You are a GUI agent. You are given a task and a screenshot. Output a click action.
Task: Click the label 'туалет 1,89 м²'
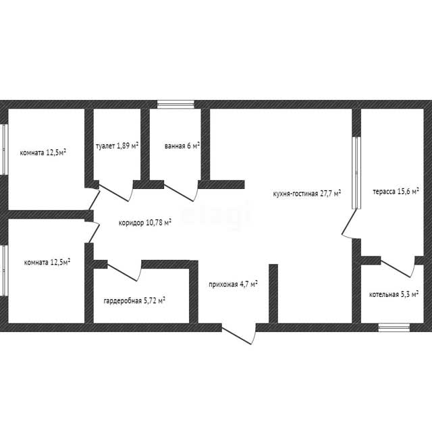point(117,146)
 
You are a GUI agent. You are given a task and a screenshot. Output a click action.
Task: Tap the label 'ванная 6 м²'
point(182,146)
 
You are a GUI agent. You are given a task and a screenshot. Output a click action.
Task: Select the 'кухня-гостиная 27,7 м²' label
point(307,193)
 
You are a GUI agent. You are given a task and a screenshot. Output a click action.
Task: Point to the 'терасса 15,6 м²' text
point(396,191)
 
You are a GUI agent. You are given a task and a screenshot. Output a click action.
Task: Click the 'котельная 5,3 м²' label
point(394,294)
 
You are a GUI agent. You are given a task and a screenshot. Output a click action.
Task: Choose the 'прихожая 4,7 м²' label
point(233,283)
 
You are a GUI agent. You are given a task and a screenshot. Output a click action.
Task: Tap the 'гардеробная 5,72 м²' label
point(134,300)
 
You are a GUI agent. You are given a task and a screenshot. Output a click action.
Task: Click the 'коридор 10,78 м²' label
point(145,222)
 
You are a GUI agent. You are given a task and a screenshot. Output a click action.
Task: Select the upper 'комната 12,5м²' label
point(43,153)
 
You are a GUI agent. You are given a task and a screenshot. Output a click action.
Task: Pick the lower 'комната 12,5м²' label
point(47,262)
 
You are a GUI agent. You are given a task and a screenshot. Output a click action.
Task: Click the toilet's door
point(116,191)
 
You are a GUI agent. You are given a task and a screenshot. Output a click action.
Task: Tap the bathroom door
point(181,191)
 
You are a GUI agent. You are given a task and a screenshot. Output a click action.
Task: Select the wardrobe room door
point(124,271)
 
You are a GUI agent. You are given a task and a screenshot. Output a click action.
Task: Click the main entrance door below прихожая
point(240,334)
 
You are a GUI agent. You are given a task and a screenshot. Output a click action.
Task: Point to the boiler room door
point(398,267)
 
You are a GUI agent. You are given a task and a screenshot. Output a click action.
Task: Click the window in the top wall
point(175,105)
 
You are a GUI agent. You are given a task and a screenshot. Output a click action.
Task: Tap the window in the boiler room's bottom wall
point(394,327)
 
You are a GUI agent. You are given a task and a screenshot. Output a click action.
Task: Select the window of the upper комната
point(4,149)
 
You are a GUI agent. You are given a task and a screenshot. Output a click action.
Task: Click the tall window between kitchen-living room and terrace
point(356,173)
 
